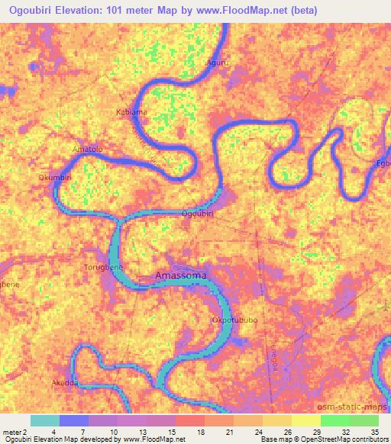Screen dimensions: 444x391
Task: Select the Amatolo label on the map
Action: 86,149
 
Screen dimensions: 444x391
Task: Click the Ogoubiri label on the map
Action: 197,214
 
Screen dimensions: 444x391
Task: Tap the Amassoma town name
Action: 181,275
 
